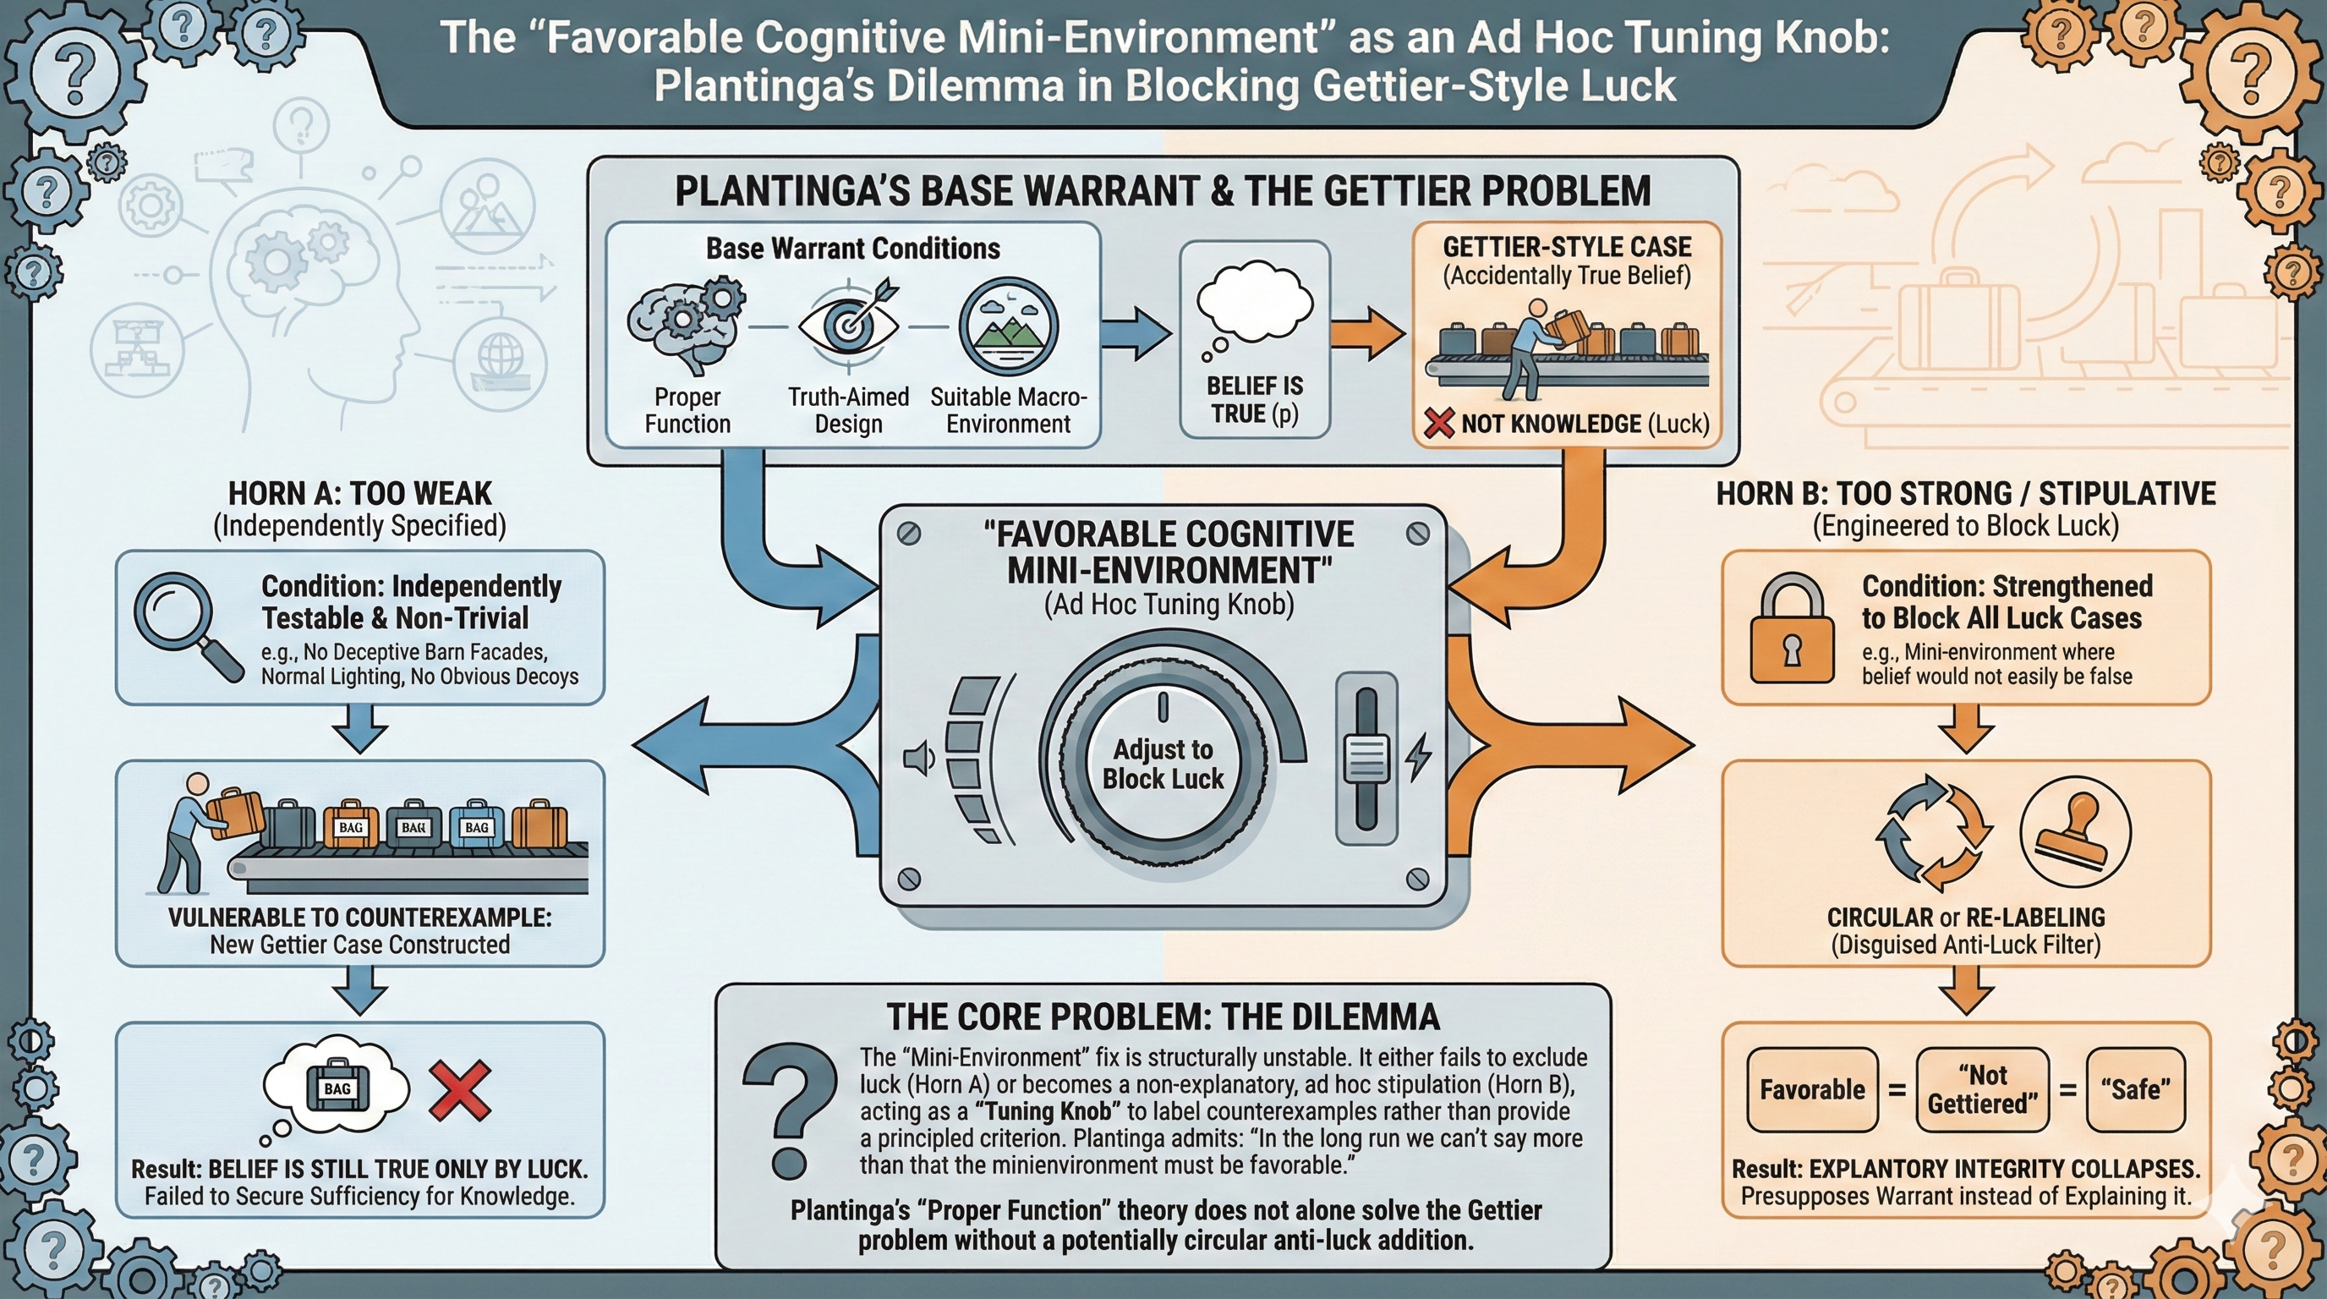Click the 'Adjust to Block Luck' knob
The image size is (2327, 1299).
(1163, 764)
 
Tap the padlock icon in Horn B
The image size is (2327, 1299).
(1793, 631)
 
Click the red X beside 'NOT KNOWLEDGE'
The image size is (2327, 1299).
(1438, 423)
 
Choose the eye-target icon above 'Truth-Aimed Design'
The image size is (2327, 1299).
(847, 326)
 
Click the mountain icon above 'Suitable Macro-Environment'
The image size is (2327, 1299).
(1008, 326)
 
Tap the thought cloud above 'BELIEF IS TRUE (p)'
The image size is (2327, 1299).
(1254, 303)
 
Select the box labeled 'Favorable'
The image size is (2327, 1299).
(1811, 1089)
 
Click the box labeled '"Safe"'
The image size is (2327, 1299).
(2136, 1089)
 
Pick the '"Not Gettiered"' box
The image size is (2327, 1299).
(1982, 1089)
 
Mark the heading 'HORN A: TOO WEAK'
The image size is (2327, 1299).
(359, 493)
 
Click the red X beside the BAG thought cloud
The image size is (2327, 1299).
(460, 1089)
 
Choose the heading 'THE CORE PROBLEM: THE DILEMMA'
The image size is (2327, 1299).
(1163, 1017)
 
